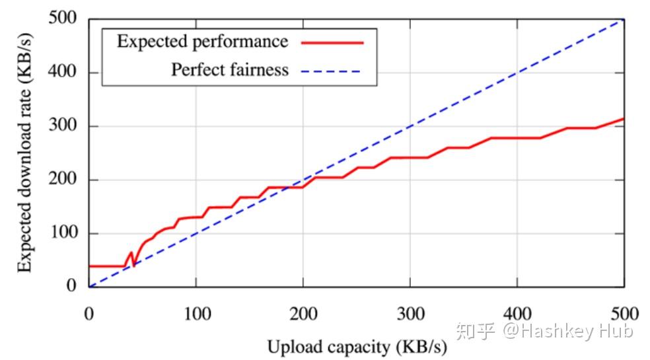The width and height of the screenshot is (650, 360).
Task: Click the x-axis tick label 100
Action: click(x=196, y=313)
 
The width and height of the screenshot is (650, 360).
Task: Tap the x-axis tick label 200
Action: click(x=303, y=313)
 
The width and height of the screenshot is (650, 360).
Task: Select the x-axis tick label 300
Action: click(x=410, y=313)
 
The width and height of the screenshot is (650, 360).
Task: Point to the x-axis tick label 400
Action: click(x=517, y=313)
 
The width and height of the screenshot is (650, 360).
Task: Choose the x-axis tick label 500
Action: click(x=624, y=313)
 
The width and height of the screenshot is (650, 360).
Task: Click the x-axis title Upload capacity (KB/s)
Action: click(x=357, y=345)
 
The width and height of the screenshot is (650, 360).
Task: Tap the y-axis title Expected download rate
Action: click(x=24, y=153)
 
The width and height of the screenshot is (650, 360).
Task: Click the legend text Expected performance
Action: click(x=202, y=42)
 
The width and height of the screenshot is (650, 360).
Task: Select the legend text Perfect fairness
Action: click(x=230, y=69)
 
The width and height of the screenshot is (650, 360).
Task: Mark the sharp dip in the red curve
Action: click(x=133, y=265)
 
